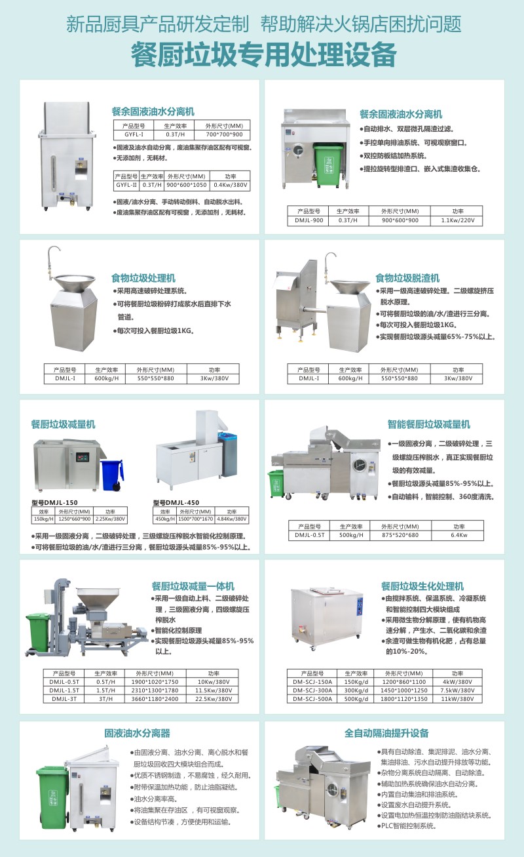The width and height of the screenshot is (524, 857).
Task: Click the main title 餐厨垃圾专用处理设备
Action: tap(262, 54)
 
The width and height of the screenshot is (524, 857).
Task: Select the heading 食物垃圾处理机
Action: tap(143, 278)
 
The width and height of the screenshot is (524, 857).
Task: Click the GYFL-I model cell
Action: tap(134, 133)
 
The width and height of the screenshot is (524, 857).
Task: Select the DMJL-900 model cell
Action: tap(309, 221)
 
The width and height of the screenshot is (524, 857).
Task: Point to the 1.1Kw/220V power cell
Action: tap(457, 221)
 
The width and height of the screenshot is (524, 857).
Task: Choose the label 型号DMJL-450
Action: tap(175, 502)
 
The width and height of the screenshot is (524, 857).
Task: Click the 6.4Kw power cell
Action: tap(457, 535)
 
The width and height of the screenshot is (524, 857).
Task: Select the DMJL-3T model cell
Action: tap(64, 699)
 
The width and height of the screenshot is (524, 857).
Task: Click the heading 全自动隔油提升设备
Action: tap(386, 733)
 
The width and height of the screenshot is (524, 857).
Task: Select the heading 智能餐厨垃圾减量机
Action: tap(428, 424)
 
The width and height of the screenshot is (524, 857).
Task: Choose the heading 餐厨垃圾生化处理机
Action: tap(422, 586)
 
